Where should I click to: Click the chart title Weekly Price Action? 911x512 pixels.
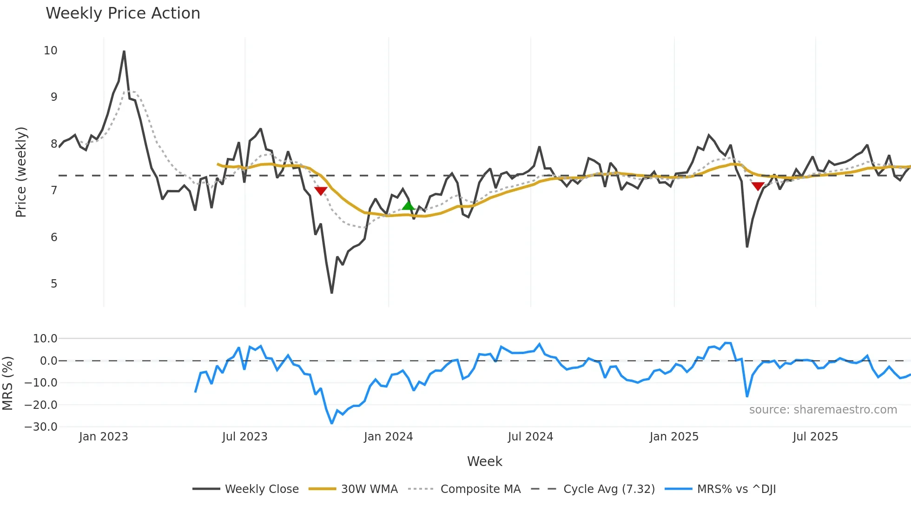[123, 13]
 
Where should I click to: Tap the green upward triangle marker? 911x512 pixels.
[408, 205]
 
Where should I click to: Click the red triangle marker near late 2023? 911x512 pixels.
[321, 190]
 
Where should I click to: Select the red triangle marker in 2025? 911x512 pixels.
[758, 186]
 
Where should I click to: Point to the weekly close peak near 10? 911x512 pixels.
[124, 52]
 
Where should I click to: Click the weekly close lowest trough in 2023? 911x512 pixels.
[331, 292]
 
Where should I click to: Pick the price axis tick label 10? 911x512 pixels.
[51, 51]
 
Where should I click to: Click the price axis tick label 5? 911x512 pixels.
[54, 284]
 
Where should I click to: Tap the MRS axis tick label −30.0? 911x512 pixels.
[41, 427]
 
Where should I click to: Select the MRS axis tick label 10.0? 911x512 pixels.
[45, 339]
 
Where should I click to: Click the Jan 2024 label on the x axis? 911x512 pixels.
[388, 437]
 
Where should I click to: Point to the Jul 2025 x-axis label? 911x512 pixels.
[815, 437]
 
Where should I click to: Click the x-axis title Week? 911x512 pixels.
[484, 461]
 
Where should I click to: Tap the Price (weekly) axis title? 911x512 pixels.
[21, 172]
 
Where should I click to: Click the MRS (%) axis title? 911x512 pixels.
[7, 383]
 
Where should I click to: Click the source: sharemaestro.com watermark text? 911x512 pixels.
[823, 410]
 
